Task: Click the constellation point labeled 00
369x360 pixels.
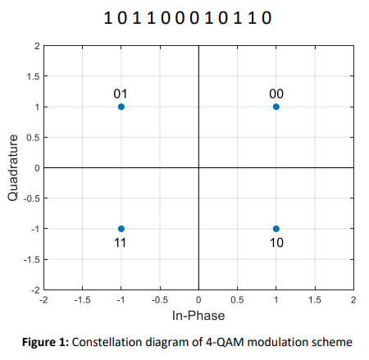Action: [x=276, y=107]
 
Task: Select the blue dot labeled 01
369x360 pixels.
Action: [x=121, y=107]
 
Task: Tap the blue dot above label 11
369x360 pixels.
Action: [x=121, y=229]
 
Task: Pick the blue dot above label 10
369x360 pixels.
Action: [x=276, y=229]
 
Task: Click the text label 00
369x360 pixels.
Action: [x=276, y=93]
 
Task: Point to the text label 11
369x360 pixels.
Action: [x=121, y=243]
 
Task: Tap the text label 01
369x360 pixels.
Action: [x=121, y=93]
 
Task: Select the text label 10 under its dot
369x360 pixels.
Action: [x=276, y=243]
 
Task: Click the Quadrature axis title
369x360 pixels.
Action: [x=13, y=168]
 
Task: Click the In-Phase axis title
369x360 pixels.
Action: [x=198, y=315]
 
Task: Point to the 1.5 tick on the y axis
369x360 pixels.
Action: [x=30, y=76]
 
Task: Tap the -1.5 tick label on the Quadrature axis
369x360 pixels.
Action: [x=29, y=259]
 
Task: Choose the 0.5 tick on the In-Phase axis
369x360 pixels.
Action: [x=237, y=300]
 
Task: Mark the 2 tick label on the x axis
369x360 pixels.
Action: [x=353, y=300]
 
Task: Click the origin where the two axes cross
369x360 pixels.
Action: [x=198, y=168]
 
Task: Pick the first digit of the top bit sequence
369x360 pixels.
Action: [x=108, y=16]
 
